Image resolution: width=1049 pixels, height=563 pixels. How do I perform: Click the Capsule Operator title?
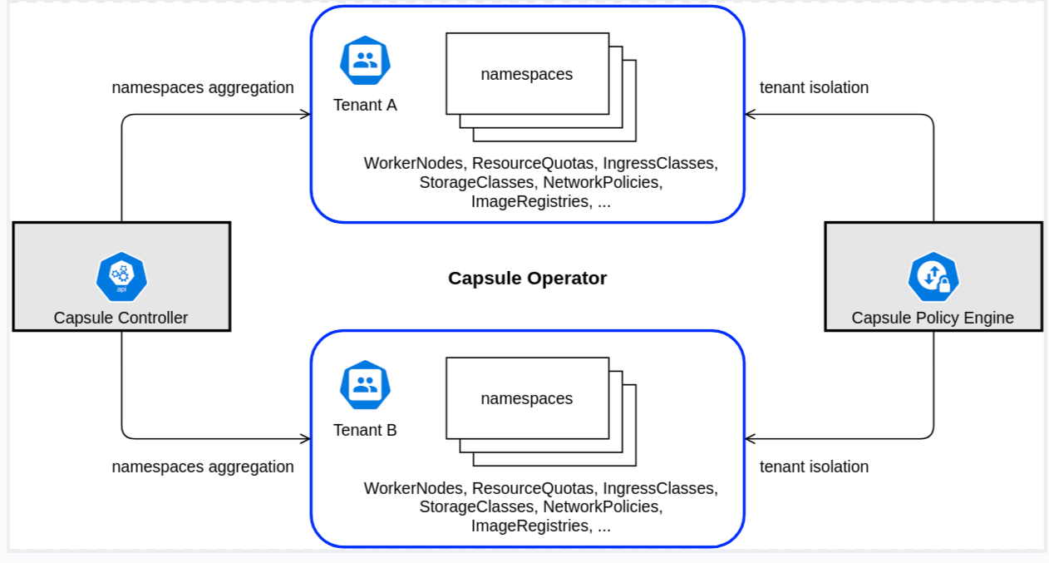coord(527,278)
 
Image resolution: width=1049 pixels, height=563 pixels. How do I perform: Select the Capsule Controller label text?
coord(121,318)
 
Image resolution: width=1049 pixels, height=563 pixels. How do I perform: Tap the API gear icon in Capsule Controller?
coord(121,276)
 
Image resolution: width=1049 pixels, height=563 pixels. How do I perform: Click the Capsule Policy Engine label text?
coord(933,318)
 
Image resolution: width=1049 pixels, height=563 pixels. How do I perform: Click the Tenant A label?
coord(365,106)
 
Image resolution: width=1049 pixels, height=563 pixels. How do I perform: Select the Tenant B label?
coord(365,430)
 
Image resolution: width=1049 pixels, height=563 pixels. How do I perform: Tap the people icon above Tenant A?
coord(365,61)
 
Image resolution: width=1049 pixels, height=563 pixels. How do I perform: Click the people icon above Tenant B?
coord(365,385)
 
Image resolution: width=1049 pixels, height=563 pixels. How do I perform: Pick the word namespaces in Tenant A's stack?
coord(526,74)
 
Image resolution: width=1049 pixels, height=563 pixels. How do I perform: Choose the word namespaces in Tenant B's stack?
coord(526,398)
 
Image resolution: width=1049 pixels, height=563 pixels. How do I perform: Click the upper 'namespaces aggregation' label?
coord(203,87)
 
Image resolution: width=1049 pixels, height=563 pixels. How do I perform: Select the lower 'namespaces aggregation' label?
coord(203,467)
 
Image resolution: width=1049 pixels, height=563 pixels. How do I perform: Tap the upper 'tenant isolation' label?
coord(814,87)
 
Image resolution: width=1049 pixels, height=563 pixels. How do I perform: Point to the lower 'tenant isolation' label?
coord(814,467)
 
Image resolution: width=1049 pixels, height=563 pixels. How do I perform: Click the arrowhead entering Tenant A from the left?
coord(305,115)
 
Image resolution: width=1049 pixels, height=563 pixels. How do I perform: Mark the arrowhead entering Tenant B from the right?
coord(751,438)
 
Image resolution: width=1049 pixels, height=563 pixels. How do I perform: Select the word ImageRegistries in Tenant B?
coord(529,526)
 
